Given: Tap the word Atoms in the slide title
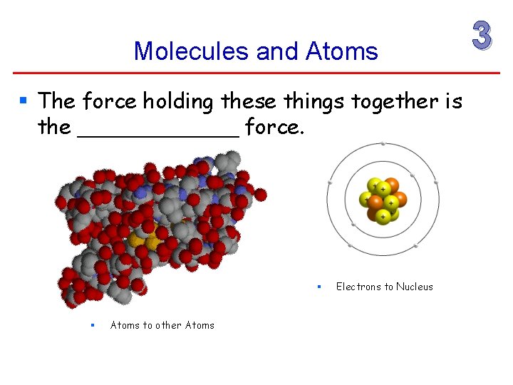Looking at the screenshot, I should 341,51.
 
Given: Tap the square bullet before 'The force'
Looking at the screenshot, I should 25,101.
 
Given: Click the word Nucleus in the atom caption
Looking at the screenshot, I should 415,287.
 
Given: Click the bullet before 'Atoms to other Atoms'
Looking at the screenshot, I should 93,325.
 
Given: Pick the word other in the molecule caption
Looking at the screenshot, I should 169,325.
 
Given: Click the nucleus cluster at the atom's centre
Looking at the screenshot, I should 383,199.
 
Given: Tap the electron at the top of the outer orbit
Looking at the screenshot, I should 383,144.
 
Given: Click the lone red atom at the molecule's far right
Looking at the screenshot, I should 261,194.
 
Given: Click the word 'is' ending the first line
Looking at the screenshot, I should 453,103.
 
